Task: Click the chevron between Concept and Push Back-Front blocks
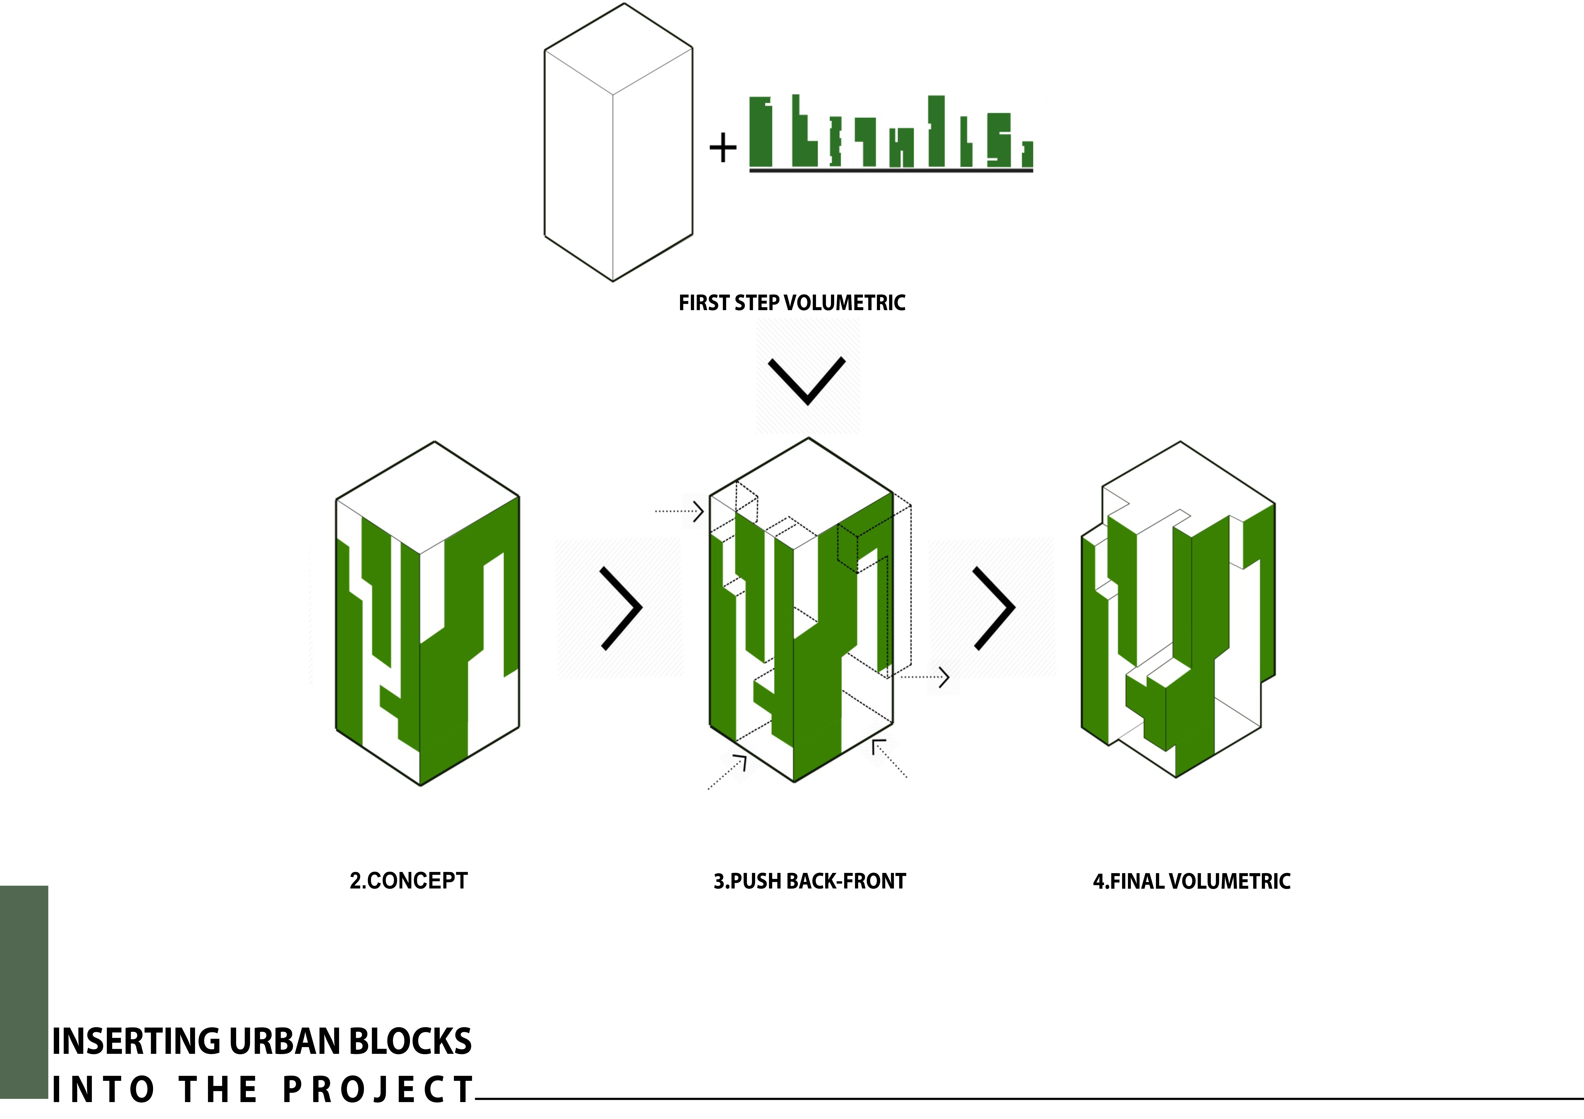click(622, 608)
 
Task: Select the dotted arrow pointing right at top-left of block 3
click(680, 512)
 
